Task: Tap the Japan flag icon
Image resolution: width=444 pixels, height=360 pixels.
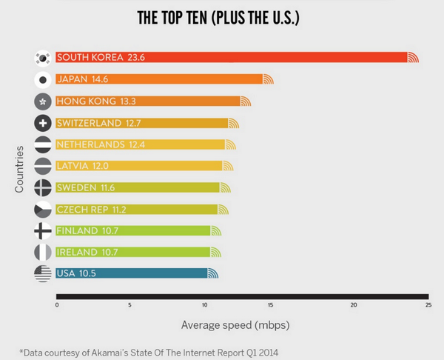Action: point(43,80)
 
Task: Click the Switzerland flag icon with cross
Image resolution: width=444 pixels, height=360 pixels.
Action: point(43,123)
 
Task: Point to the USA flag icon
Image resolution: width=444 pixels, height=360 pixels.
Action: point(43,274)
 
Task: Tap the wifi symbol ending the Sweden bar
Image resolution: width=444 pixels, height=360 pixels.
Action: point(225,187)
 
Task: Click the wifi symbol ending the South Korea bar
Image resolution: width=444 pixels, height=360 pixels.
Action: point(413,58)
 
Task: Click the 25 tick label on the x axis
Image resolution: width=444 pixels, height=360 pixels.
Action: point(428,304)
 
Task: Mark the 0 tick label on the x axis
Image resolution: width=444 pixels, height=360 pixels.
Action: point(57,304)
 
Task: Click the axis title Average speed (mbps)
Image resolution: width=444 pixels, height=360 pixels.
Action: point(235,324)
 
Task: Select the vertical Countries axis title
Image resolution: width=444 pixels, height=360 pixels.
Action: point(20,169)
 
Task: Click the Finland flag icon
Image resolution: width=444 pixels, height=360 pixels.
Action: point(43,230)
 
